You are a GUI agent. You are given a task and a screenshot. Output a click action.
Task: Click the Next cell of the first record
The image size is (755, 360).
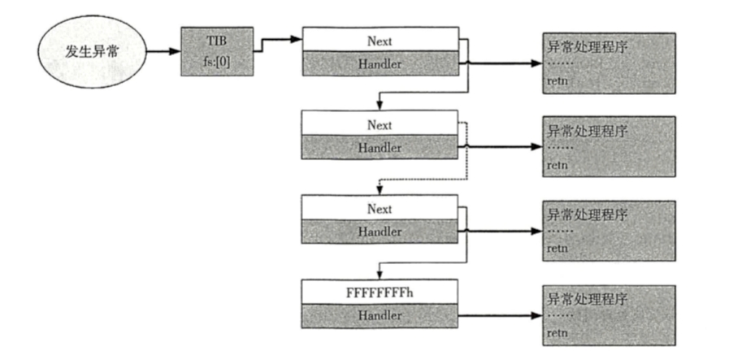tap(380, 38)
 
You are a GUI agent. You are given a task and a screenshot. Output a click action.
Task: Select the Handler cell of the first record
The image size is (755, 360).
tap(380, 63)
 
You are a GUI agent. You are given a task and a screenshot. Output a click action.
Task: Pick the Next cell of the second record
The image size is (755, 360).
tap(380, 125)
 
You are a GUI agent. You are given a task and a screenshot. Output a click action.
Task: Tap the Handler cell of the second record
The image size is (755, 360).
tap(380, 148)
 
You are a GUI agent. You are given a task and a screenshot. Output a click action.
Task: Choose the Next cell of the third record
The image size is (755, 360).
tap(380, 208)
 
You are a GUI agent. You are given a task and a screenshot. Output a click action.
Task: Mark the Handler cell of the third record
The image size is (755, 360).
tap(380, 232)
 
